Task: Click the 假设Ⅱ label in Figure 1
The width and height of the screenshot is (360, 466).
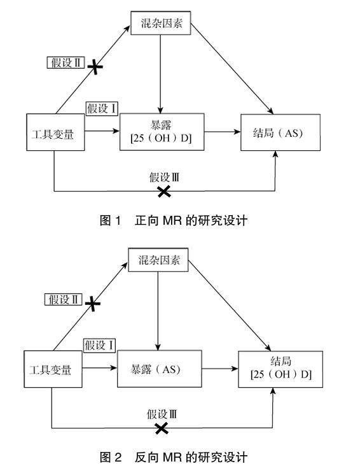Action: (66, 63)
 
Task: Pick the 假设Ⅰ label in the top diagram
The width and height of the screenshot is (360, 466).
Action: (102, 108)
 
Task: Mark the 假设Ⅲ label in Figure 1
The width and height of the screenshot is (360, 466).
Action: (164, 178)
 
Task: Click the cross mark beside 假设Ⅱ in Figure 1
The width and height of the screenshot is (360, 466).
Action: (95, 67)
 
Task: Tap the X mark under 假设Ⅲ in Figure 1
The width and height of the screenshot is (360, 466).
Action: (164, 192)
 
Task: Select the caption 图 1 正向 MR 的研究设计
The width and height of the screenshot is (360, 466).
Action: (174, 220)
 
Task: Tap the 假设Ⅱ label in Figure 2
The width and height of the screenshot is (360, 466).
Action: (63, 299)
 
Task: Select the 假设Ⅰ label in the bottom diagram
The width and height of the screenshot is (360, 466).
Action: (99, 345)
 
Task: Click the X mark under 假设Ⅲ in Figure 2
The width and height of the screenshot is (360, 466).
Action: (162, 428)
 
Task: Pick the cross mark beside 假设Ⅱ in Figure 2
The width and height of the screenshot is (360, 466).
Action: (93, 304)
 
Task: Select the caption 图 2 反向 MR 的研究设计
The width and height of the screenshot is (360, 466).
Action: (174, 457)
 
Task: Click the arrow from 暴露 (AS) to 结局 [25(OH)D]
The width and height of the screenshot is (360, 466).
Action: (220, 369)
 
